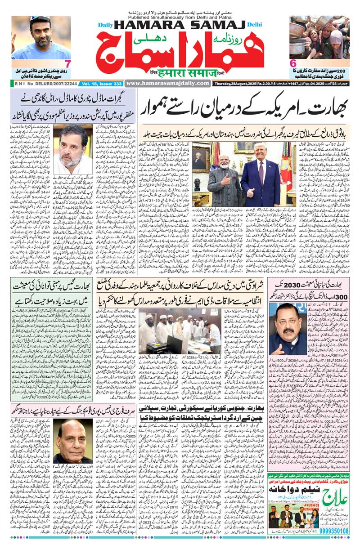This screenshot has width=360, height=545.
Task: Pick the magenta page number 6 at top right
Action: click(x=292, y=63)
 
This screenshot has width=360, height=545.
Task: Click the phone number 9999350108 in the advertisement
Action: click(x=332, y=531)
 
